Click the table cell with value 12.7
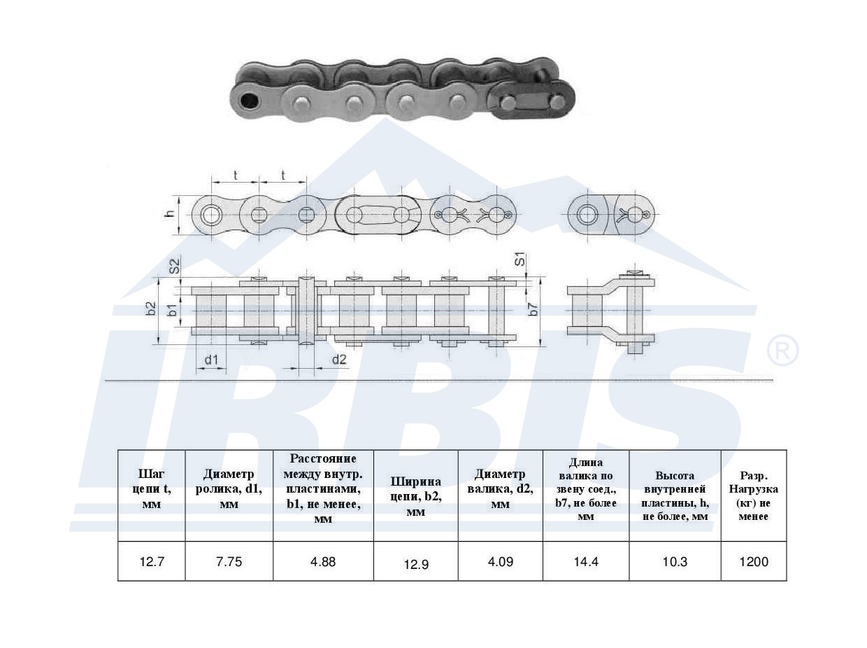click(152, 561)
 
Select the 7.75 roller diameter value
click(229, 561)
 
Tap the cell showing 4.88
click(323, 561)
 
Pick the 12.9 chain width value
click(416, 564)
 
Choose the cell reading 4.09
click(501, 561)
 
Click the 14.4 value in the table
click(586, 561)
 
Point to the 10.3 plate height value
click(675, 561)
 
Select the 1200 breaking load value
click(754, 561)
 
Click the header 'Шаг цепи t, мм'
click(152, 489)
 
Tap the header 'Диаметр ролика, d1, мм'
click(229, 489)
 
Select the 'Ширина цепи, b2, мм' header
click(416, 497)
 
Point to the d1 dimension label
click(211, 360)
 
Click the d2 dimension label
click(339, 359)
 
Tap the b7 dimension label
click(533, 309)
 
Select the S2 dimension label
click(175, 266)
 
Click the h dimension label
click(170, 214)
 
